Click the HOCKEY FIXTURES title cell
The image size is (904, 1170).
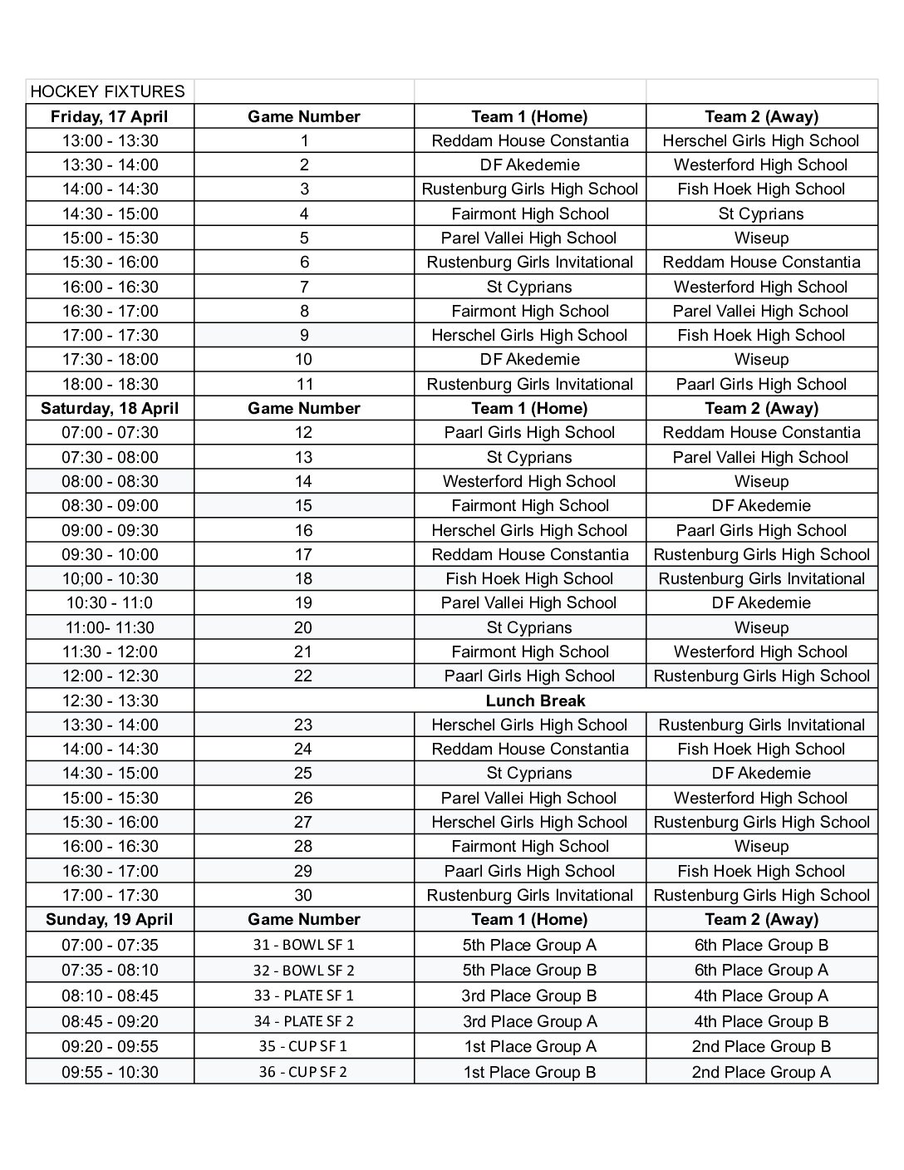pyautogui.click(x=108, y=91)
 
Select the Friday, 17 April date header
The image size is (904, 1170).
pyautogui.click(x=109, y=116)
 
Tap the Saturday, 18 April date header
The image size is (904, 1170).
pyautogui.click(x=109, y=408)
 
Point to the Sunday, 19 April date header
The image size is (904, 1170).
pyautogui.click(x=109, y=919)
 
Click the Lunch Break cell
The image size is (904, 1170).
pyautogui.click(x=535, y=701)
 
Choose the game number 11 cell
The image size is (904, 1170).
pyautogui.click(x=304, y=384)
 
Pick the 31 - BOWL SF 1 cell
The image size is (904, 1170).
pyautogui.click(x=304, y=945)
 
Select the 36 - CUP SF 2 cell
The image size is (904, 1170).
pyautogui.click(x=304, y=1072)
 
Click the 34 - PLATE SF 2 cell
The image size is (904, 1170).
pyautogui.click(x=304, y=1021)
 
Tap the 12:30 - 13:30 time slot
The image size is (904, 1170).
pyautogui.click(x=109, y=701)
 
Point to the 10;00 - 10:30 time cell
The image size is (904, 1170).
pyautogui.click(x=109, y=578)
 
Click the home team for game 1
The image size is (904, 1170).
pyautogui.click(x=529, y=140)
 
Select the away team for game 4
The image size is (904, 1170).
pyautogui.click(x=761, y=214)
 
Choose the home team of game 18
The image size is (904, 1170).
pyautogui.click(x=529, y=578)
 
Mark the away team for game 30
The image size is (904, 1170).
pyautogui.click(x=761, y=895)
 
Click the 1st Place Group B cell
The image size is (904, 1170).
pyautogui.click(x=529, y=1072)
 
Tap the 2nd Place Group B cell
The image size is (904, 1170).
pyautogui.click(x=761, y=1046)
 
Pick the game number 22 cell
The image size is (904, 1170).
pyautogui.click(x=304, y=676)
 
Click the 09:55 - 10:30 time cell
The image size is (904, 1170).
pyautogui.click(x=109, y=1072)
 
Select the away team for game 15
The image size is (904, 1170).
pyautogui.click(x=761, y=505)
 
